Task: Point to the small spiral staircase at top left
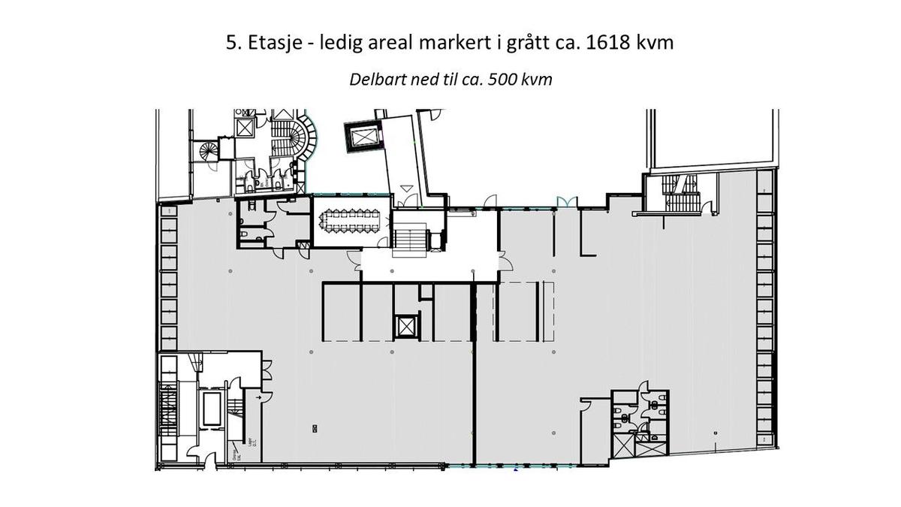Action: pos(208,149)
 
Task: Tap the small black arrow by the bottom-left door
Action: pos(258,396)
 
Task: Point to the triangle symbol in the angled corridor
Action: pos(406,188)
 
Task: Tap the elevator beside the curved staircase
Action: pos(245,127)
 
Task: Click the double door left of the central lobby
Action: pos(354,259)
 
